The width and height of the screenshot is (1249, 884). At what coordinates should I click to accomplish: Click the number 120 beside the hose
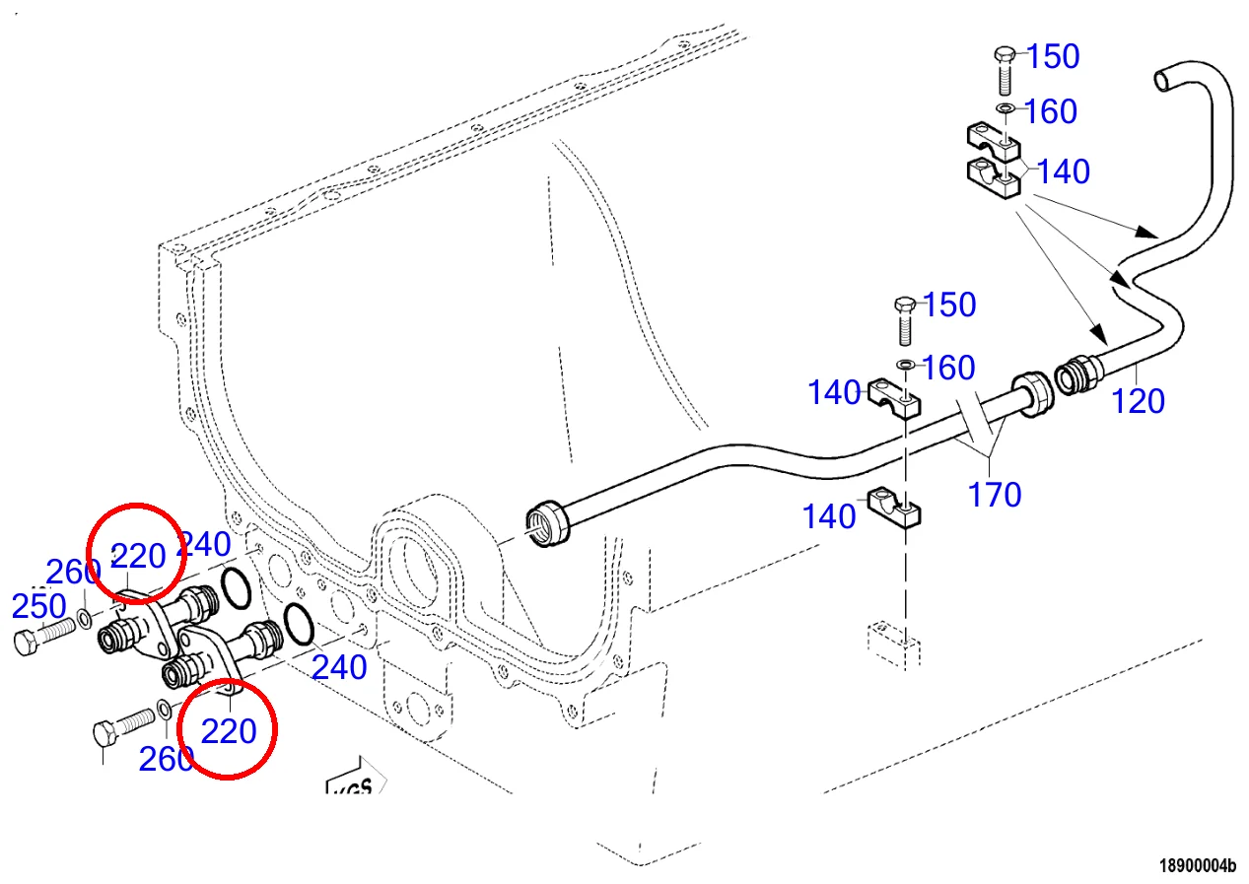click(1139, 401)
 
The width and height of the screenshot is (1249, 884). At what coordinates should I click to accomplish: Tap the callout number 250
click(38, 606)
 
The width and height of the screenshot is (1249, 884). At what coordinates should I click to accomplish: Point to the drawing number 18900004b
click(1197, 866)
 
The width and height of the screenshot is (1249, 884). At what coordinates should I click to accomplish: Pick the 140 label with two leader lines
click(1063, 171)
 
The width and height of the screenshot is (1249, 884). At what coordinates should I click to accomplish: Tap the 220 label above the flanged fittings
click(138, 557)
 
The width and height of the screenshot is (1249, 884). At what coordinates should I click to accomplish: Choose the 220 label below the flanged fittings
click(229, 731)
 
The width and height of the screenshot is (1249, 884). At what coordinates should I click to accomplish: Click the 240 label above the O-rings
click(204, 544)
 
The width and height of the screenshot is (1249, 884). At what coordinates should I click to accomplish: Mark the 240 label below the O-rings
click(339, 668)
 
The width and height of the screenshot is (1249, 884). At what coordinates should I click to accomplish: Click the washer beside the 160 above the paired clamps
click(1005, 108)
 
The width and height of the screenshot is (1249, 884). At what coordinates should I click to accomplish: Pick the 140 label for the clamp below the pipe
click(829, 515)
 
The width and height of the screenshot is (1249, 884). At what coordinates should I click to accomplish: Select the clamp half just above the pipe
click(895, 396)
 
